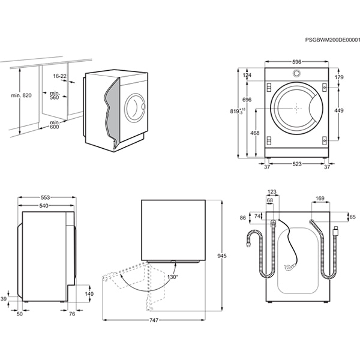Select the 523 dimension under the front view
coord(298,167)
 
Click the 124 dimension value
coord(247,76)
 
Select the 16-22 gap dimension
coord(59,76)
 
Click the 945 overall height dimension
coord(221,256)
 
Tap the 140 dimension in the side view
coord(89,294)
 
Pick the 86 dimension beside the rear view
coord(243,218)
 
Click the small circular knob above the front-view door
coord(296,74)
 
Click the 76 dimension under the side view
coord(72,313)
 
